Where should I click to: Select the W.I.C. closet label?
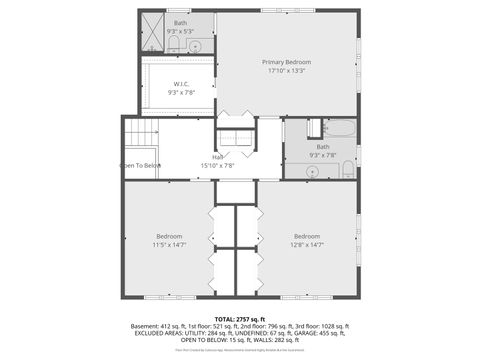pos(181,84)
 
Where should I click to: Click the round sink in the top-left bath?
pos(194,45)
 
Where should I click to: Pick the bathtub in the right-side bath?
pos(339,128)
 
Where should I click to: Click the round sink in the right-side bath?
pos(311,171)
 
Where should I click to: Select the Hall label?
pos(217,156)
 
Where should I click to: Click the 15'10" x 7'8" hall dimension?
pos(217,165)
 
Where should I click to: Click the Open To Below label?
pos(141,165)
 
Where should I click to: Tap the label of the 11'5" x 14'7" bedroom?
pos(168,236)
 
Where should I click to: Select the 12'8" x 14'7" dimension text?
pos(307,244)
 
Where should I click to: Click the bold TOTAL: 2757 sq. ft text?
pos(239,319)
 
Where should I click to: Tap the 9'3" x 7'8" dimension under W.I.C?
pos(181,92)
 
